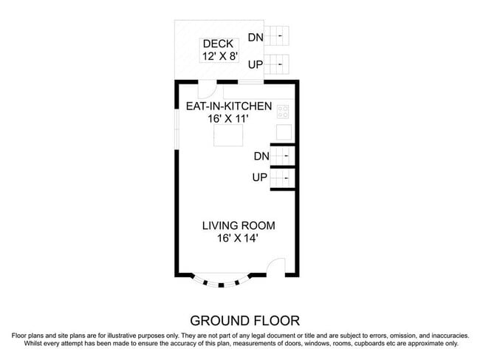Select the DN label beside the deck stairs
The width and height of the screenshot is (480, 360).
coord(256,38)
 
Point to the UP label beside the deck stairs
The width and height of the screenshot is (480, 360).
coord(256,65)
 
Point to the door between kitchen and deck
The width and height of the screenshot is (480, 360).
coord(210,89)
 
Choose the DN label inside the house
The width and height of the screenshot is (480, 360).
coord(261,156)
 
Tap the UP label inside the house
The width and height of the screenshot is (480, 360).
coord(260,178)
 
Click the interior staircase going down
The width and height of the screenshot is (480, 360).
coord(283,156)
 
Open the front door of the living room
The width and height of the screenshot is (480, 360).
coord(275,267)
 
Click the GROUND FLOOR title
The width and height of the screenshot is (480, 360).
coord(244,320)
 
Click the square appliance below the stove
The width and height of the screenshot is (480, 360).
coord(284,132)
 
